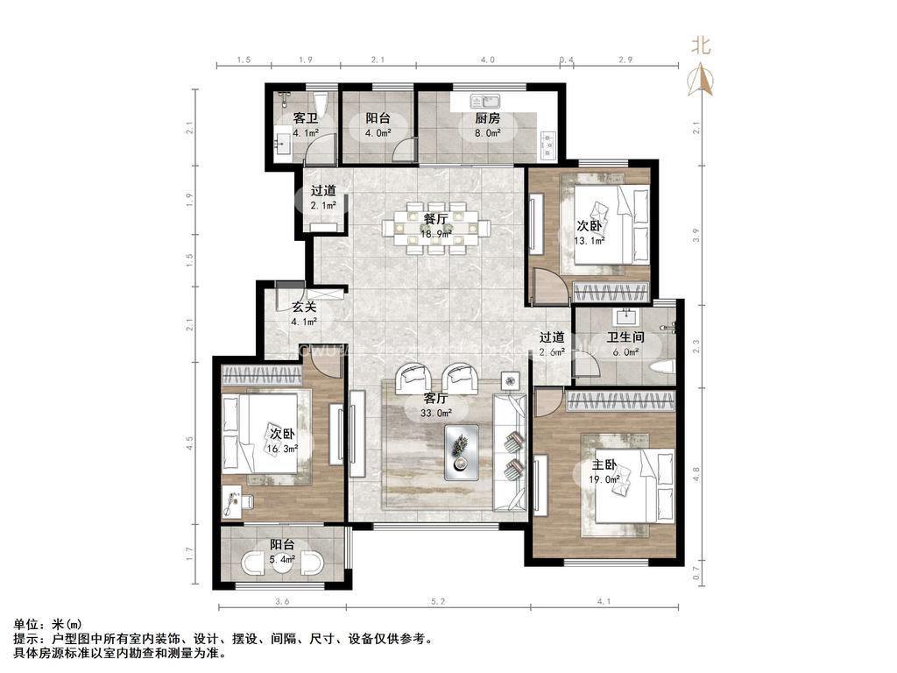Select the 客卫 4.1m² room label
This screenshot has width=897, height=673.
pos(305,125)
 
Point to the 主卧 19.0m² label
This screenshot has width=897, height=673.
pos(605,471)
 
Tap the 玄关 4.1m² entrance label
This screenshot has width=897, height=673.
pos(304,314)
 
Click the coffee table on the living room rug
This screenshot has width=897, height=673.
pos(461,452)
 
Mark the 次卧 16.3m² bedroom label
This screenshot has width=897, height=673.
pos(283,440)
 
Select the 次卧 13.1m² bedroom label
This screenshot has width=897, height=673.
pos(590,233)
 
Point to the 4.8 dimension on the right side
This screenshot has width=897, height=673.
pos(696,472)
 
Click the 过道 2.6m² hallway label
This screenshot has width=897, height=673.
pos(551,344)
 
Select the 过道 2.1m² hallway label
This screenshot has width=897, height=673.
pos(323,198)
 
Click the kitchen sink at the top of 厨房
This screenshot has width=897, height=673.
pos(483,100)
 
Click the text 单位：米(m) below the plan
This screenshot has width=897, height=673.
pos(43,624)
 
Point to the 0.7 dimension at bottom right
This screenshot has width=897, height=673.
pos(696,575)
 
